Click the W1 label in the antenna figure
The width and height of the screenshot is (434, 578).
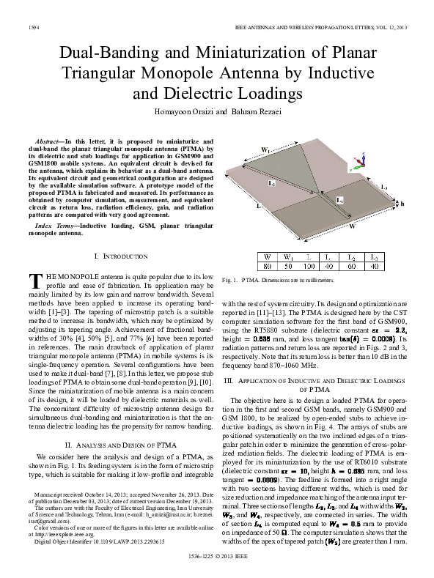pos(266,151)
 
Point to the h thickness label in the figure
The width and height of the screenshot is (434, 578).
pos(402,205)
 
